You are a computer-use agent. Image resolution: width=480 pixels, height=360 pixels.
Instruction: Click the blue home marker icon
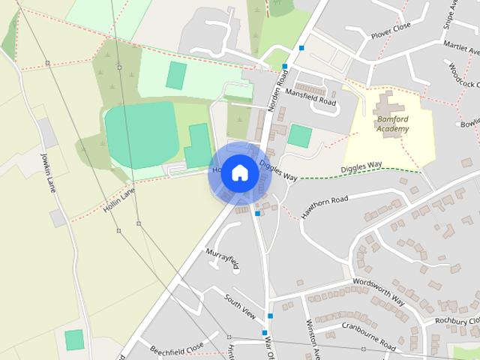click(238, 172)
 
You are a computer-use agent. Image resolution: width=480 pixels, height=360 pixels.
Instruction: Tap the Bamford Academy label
click(393, 124)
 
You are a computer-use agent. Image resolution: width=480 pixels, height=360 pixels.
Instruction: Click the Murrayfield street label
click(222, 256)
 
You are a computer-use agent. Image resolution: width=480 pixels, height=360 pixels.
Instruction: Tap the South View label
click(239, 304)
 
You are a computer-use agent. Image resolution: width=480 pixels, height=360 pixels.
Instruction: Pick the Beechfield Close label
click(176, 348)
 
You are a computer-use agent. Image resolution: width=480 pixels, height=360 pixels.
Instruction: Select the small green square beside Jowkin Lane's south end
click(74, 339)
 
